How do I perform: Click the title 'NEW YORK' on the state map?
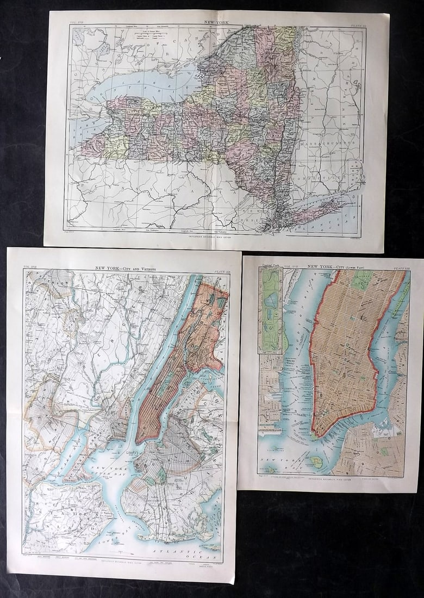(x=216, y=23)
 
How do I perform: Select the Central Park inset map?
(x=271, y=310)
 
